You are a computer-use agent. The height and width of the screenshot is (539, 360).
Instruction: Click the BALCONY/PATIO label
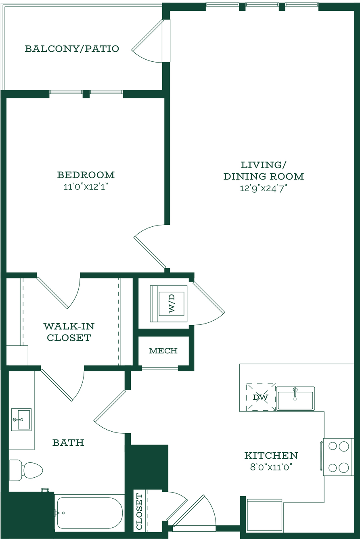click(72, 49)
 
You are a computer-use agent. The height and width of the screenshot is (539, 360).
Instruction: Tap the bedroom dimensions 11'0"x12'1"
click(86, 187)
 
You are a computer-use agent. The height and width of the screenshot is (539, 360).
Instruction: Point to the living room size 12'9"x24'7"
click(264, 188)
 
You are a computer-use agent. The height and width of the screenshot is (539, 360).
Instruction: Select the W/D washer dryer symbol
click(168, 304)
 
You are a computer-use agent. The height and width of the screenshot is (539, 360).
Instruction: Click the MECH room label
click(163, 351)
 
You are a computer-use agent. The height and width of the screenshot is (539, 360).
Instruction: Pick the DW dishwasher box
click(261, 397)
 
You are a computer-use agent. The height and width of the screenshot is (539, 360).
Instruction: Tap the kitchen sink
click(295, 398)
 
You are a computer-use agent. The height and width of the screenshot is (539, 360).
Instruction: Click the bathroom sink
click(21, 420)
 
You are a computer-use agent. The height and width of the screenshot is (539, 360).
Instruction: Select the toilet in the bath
click(26, 470)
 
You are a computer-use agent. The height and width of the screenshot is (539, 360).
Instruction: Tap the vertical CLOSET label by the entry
click(140, 512)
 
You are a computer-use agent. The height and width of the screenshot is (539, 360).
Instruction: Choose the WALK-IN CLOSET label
click(69, 332)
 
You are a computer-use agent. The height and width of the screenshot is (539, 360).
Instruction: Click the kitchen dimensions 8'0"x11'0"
click(271, 467)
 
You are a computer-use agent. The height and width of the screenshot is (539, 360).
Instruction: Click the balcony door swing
click(147, 41)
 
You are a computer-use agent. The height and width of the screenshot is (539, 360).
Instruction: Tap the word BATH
click(68, 443)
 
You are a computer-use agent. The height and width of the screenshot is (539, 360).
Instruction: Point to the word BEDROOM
click(86, 175)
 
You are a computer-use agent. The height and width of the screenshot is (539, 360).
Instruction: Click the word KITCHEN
click(271, 455)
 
